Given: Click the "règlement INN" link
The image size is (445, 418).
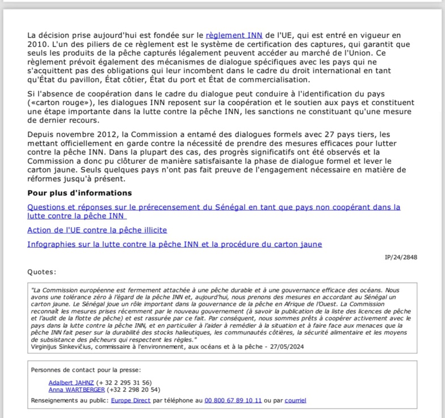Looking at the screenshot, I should click(234, 35).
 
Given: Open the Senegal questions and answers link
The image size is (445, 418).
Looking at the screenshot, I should click(213, 208).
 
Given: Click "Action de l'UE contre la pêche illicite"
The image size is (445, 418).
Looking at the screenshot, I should click(97, 230).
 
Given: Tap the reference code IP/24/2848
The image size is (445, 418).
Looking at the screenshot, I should click(401, 257).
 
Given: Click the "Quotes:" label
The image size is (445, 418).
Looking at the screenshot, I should click(41, 272).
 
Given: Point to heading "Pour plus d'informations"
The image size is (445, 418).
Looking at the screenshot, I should click(79, 193).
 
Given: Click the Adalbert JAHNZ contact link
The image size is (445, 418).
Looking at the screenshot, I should click(71, 382).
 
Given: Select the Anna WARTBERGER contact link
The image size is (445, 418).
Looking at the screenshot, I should click(76, 390).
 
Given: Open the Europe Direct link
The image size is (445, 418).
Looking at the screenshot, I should click(131, 400).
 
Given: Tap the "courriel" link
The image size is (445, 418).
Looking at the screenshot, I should click(295, 400).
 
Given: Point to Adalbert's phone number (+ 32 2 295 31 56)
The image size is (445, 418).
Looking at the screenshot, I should click(124, 382).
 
